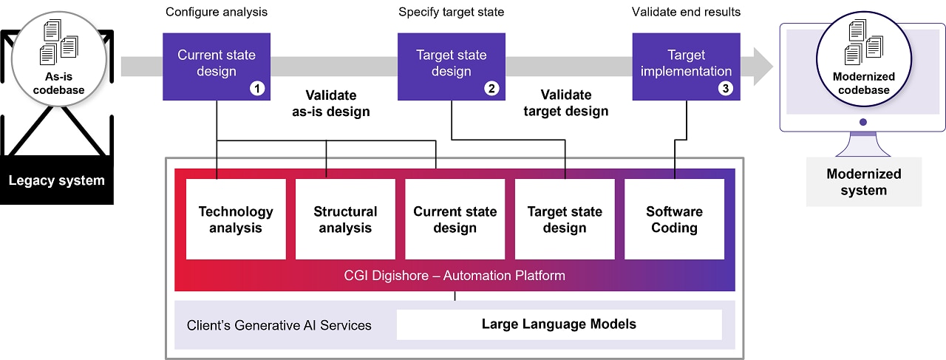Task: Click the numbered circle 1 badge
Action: [257, 89]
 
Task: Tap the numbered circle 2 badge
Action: [491, 89]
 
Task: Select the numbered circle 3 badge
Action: [726, 89]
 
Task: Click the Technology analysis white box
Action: [236, 220]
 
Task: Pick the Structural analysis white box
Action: [345, 220]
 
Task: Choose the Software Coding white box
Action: [674, 220]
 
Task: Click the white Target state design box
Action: [565, 220]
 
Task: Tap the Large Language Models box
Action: [559, 324]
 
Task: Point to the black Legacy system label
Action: [56, 180]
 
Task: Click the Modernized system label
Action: [863, 182]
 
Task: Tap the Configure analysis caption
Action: [217, 12]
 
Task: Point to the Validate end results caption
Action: [686, 12]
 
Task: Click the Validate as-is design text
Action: [330, 103]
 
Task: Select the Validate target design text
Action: [565, 103]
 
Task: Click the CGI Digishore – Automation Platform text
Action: [455, 276]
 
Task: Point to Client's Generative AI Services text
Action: [279, 325]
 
